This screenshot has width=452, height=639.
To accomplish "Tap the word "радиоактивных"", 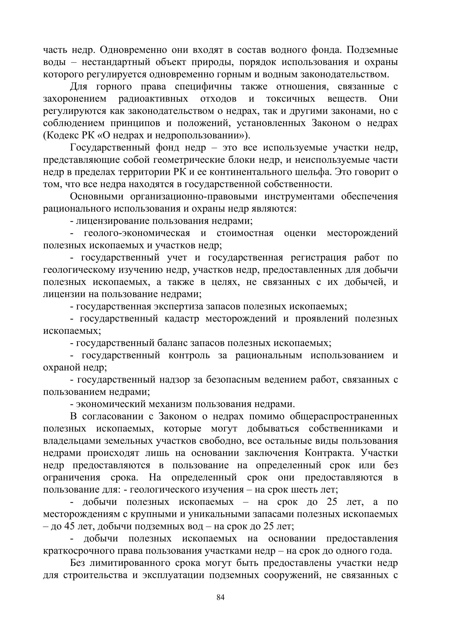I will pyautogui.click(x=153, y=99).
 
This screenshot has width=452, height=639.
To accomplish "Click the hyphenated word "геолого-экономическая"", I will pyautogui.click(x=137, y=233).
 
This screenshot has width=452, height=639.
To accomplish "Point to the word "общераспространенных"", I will pyautogui.click(x=344, y=416).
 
